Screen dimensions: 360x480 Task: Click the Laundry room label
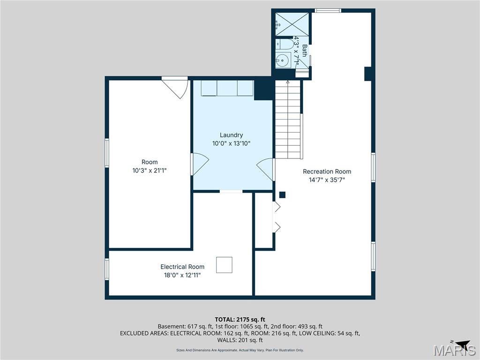tap(231, 135)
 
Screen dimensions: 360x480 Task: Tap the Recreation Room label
tap(327, 171)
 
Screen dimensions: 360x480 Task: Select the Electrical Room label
tap(182, 267)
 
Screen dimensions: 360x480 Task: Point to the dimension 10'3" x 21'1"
tap(150, 171)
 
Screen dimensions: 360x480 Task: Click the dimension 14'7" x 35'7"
tap(327, 180)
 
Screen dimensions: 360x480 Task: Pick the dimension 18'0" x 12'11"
tap(182, 275)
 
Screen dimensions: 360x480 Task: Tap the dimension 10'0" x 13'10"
tap(231, 143)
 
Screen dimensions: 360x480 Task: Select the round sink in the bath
tap(282, 60)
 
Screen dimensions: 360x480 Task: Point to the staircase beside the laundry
tap(287, 120)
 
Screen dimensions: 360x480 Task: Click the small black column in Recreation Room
tap(282, 195)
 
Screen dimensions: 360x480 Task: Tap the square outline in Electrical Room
tap(224, 265)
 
